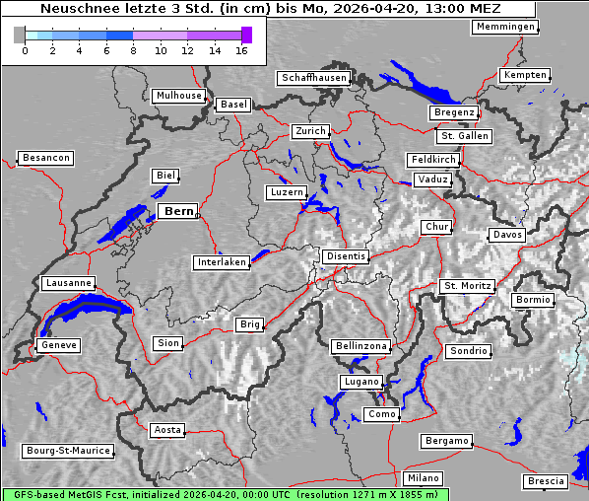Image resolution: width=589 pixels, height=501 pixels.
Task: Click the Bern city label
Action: (x=178, y=211)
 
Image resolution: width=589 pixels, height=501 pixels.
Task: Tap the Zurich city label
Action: (x=309, y=131)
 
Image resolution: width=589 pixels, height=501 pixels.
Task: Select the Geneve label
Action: (x=58, y=345)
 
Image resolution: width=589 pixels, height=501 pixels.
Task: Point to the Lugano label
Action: (x=360, y=382)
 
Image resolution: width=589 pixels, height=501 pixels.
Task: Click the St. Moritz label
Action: (x=467, y=287)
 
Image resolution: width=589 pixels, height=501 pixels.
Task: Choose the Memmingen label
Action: (x=505, y=27)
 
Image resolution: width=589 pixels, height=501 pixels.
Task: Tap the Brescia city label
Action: (x=546, y=481)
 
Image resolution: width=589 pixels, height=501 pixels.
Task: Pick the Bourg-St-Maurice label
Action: (x=68, y=451)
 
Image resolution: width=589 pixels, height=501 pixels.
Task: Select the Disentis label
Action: (x=346, y=256)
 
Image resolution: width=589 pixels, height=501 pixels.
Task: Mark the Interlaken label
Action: (x=222, y=262)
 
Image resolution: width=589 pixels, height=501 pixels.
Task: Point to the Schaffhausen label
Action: (x=313, y=77)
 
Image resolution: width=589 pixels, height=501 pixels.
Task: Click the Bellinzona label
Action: (x=361, y=346)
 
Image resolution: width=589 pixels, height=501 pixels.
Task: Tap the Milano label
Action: (x=424, y=477)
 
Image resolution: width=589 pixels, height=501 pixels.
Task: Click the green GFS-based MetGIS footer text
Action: (x=225, y=494)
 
